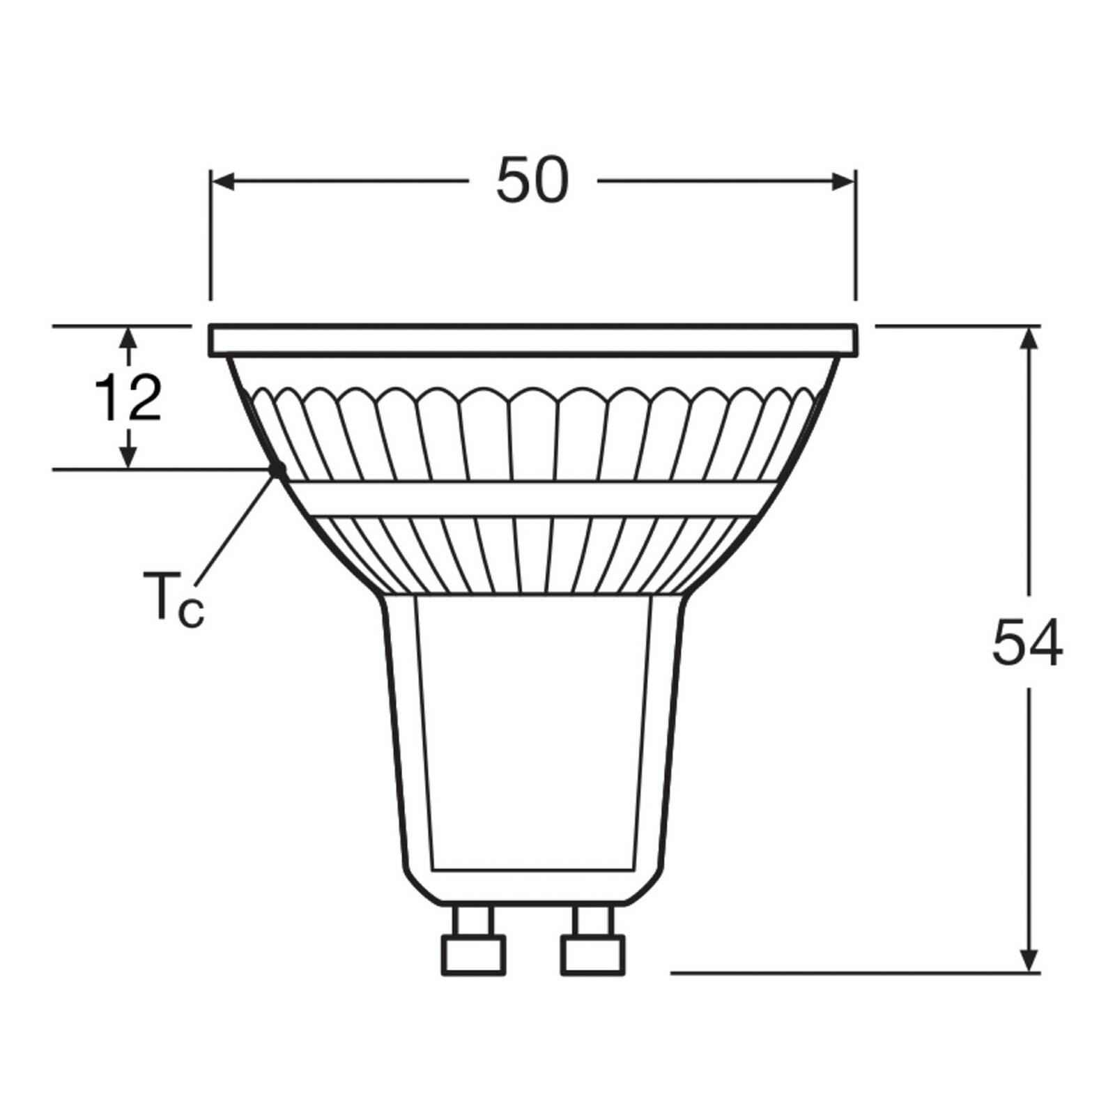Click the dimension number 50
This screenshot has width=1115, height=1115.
coord(532,181)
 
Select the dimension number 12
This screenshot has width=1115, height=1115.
coord(128,399)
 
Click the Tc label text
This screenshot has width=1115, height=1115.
coord(173,597)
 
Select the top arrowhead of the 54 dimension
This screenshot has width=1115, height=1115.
coord(1030,337)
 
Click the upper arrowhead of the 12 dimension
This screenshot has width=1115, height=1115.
coord(128,338)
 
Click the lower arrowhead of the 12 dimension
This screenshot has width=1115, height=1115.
coord(128,457)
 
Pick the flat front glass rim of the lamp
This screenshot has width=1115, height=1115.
coord(533,340)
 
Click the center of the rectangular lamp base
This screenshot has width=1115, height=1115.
coord(533,732)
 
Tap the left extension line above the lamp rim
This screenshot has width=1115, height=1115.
coord(210,244)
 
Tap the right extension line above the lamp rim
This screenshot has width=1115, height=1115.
coord(856,244)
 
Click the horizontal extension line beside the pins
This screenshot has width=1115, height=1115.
coord(836,972)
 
